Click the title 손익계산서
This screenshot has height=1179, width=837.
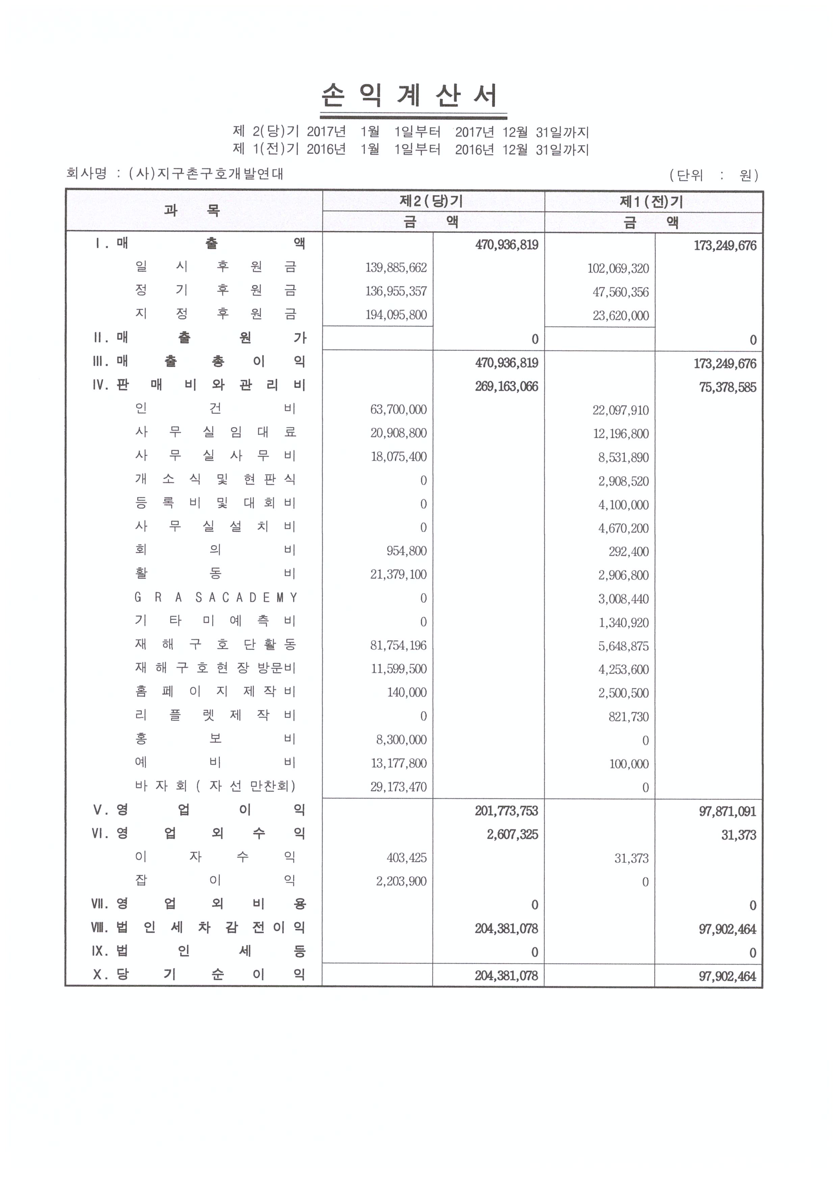point(409,96)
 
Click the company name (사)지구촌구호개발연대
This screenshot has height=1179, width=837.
point(206,173)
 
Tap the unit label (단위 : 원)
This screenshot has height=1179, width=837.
point(714,175)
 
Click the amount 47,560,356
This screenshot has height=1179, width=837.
point(620,292)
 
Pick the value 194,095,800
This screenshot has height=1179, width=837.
point(396,315)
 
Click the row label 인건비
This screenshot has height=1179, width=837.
point(215,408)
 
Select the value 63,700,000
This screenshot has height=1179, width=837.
point(398,409)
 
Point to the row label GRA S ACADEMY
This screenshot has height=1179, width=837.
point(215,597)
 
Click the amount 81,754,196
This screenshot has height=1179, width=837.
point(398,645)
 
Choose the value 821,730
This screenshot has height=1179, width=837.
point(628,716)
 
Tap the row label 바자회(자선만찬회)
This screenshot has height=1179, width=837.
point(215,786)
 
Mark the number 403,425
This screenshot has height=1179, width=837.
point(407,858)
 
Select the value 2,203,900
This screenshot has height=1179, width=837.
point(401,881)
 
